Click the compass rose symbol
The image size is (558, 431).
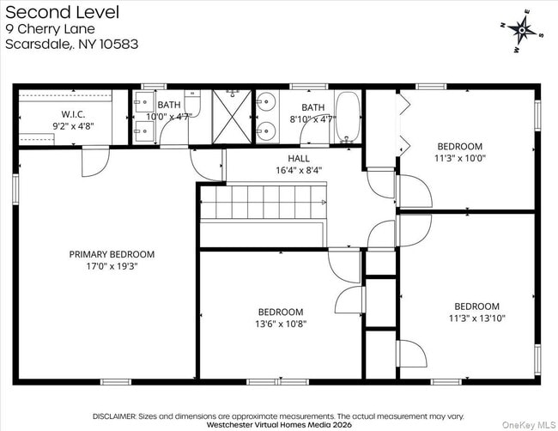[x=521, y=32]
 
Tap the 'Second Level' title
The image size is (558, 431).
[x=62, y=12]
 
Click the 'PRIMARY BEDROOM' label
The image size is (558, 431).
[x=112, y=254]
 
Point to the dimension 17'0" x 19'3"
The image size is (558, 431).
[x=112, y=266]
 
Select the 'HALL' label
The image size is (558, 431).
[x=299, y=159]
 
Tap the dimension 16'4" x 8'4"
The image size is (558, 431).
[x=299, y=170]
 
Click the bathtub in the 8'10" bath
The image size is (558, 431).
[x=348, y=118]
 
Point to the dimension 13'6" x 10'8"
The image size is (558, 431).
[x=281, y=324]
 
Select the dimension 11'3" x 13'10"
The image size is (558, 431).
[x=476, y=318]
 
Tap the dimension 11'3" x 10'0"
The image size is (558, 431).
[x=459, y=158]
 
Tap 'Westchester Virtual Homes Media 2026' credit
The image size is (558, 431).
[x=279, y=424]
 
